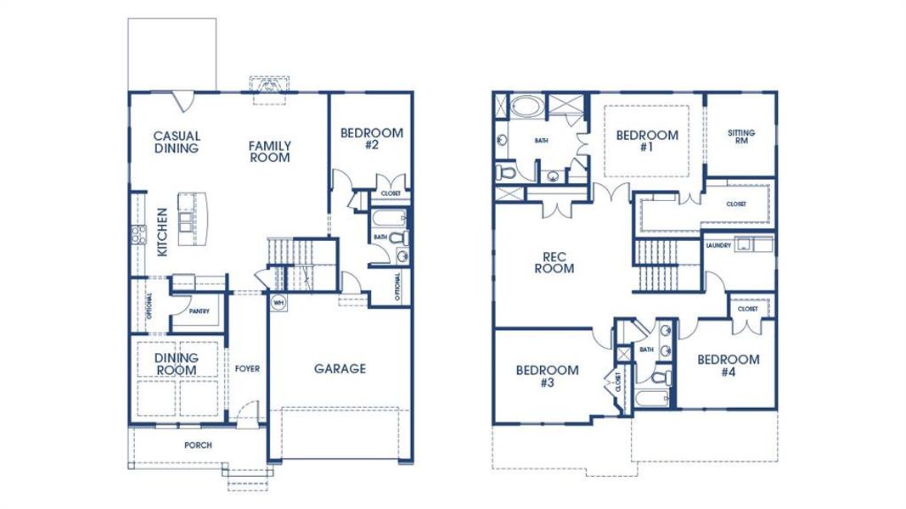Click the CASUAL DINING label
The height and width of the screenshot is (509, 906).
click(x=177, y=142)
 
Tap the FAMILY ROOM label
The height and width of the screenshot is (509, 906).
click(x=269, y=151)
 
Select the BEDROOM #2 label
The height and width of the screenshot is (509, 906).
click(x=371, y=138)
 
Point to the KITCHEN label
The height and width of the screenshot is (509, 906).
click(x=162, y=232)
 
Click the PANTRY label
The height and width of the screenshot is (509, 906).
click(x=199, y=311)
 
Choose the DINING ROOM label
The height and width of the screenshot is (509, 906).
click(x=177, y=364)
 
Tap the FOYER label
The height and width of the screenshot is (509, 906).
click(x=248, y=369)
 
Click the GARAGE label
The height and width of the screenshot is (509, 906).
click(x=340, y=368)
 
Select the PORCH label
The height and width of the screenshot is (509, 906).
click(x=198, y=445)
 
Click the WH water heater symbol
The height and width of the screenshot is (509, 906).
click(x=278, y=301)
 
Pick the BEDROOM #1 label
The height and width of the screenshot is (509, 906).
click(x=647, y=140)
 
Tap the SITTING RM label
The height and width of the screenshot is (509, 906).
click(x=741, y=137)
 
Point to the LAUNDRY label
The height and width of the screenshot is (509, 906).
click(x=717, y=246)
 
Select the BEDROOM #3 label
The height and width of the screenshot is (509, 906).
click(x=548, y=376)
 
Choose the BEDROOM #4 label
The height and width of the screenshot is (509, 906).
click(x=728, y=365)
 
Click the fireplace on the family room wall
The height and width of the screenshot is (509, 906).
click(x=271, y=87)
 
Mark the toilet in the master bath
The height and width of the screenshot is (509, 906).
click(x=506, y=173)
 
